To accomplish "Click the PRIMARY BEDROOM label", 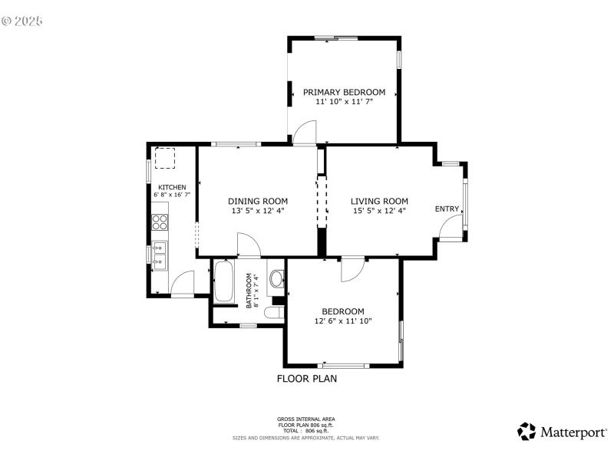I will [x=344, y=92].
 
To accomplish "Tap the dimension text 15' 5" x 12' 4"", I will [x=379, y=211].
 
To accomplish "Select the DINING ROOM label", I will [x=257, y=201].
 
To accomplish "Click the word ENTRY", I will [x=447, y=209].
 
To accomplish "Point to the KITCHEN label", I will [x=172, y=188].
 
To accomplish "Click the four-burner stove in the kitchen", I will [x=160, y=222].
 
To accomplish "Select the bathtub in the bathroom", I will [x=224, y=282].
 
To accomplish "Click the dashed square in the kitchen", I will [x=165, y=158].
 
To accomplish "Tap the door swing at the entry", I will [x=452, y=225].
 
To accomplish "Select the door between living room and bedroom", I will [x=352, y=268].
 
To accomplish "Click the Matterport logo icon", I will [x=527, y=431].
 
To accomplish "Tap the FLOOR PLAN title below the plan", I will [x=306, y=378].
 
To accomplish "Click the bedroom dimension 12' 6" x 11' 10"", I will [x=342, y=321].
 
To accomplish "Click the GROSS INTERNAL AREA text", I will [x=305, y=419].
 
